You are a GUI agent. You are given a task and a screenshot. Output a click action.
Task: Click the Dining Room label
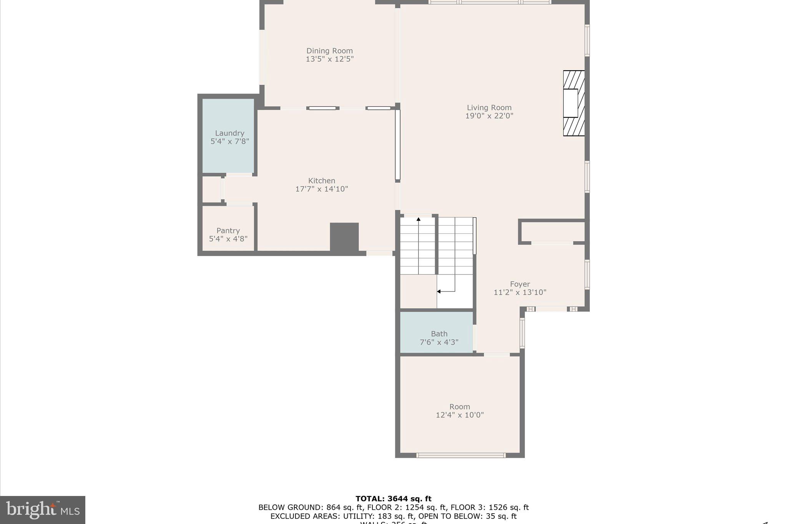(329, 51)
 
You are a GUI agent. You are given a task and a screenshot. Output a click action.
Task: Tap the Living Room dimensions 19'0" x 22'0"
(489, 116)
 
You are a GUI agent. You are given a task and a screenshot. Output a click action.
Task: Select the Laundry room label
(229, 133)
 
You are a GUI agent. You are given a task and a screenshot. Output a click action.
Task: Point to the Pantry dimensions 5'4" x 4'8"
(228, 239)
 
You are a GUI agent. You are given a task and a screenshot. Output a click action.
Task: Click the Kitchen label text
(322, 180)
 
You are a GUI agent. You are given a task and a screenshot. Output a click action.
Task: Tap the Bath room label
(439, 334)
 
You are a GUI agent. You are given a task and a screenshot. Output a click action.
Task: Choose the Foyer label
(520, 284)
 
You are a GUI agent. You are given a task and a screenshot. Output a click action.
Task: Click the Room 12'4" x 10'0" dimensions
(460, 415)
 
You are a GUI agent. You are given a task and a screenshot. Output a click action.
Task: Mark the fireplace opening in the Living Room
(571, 103)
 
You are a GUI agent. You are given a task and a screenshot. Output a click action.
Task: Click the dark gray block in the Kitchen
(344, 237)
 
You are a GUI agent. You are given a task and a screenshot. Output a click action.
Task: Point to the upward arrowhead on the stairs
(418, 219)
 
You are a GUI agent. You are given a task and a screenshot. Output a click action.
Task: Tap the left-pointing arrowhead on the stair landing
(438, 291)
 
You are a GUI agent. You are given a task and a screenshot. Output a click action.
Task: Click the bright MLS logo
(43, 510)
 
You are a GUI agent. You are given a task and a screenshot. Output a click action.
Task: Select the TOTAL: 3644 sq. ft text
(393, 499)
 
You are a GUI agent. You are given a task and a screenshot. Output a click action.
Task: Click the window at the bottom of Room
(461, 455)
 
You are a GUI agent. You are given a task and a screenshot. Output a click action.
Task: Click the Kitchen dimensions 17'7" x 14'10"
(322, 189)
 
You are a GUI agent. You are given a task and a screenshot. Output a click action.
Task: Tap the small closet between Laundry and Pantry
(211, 189)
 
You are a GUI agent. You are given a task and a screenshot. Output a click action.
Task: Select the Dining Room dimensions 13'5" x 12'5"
(329, 59)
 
